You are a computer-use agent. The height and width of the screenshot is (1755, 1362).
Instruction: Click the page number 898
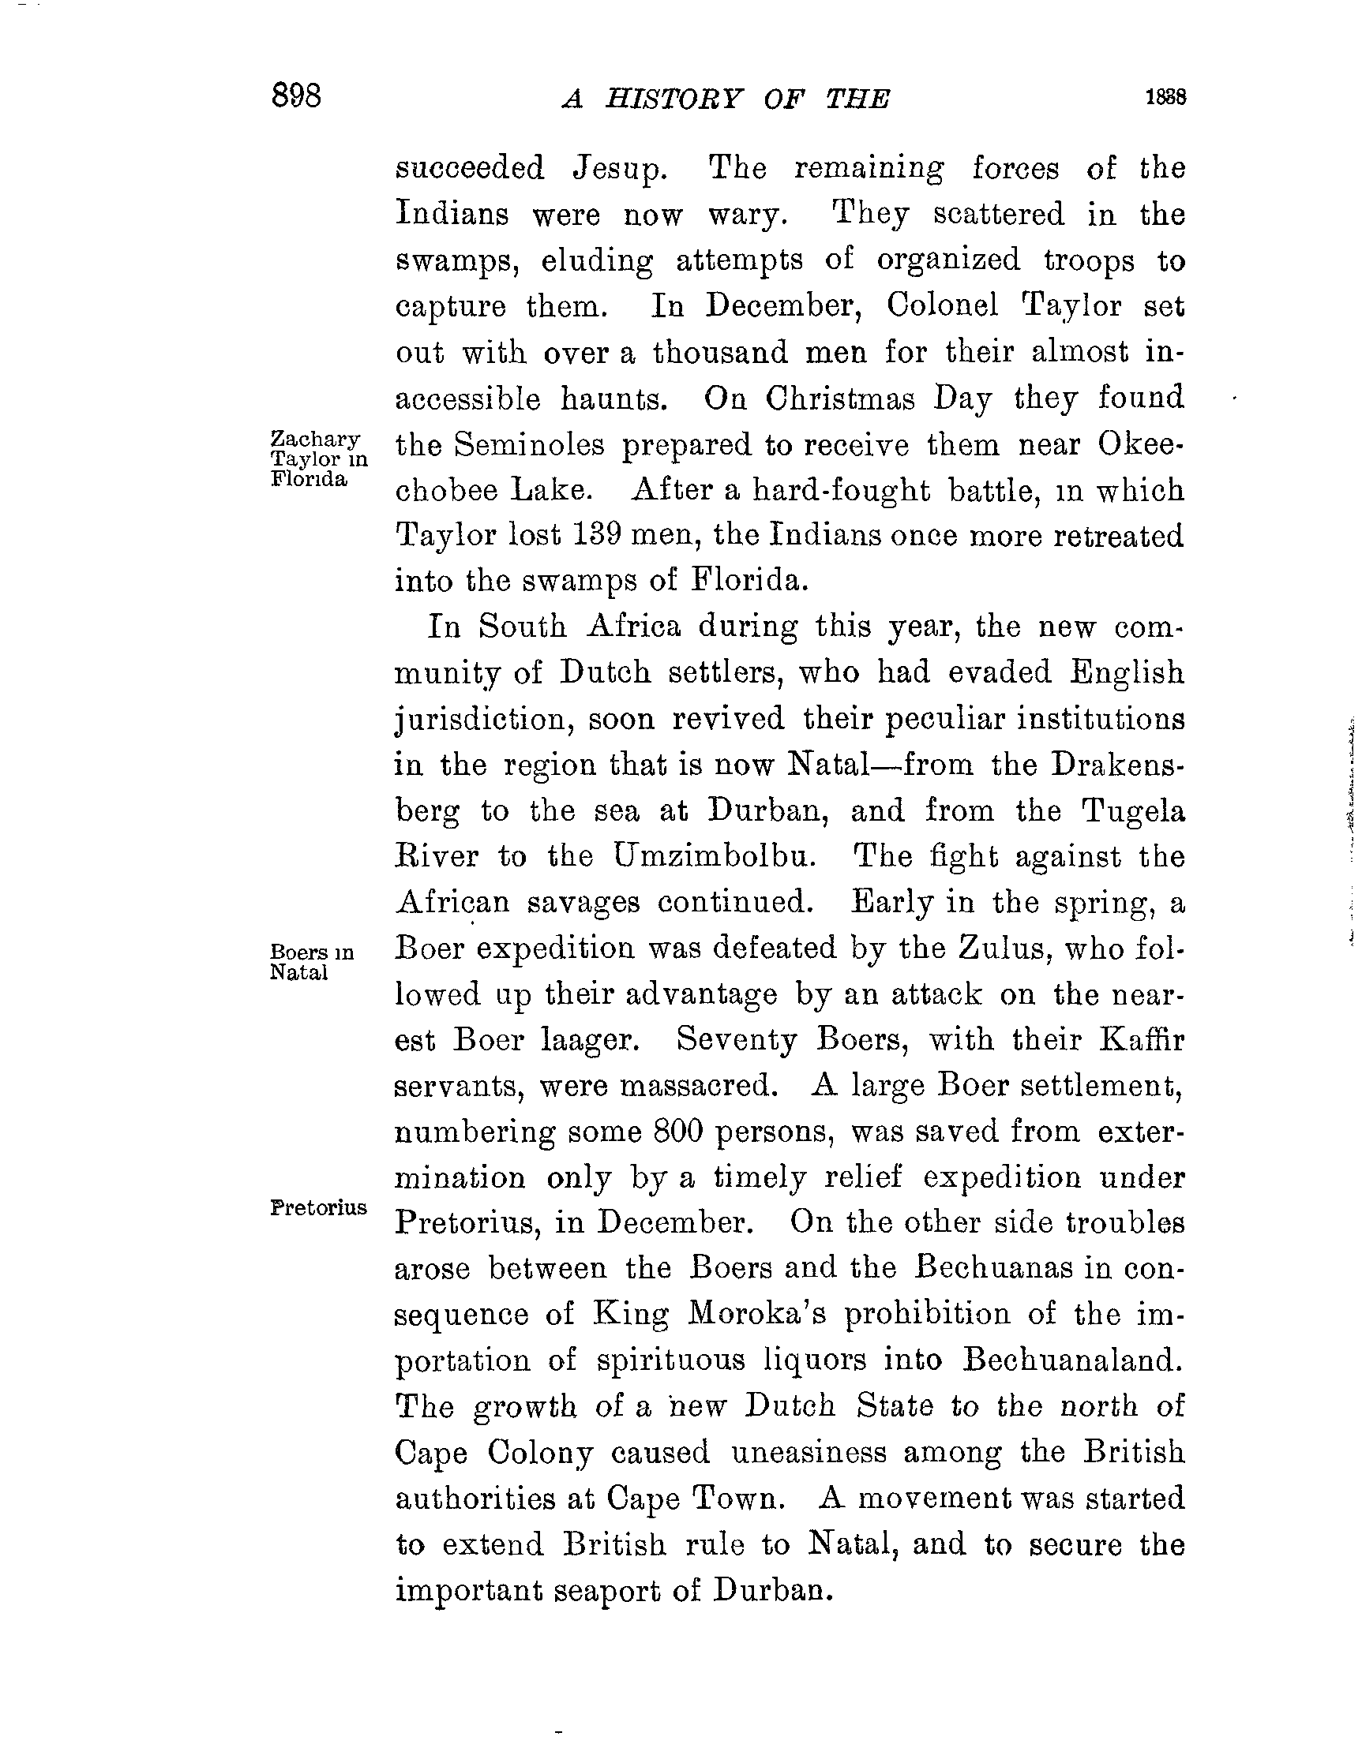click(297, 95)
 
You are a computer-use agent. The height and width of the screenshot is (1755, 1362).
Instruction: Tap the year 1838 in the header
click(1166, 97)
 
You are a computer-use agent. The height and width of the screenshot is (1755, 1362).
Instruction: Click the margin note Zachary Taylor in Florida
click(317, 458)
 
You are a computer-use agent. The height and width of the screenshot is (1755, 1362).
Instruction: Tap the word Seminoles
click(528, 444)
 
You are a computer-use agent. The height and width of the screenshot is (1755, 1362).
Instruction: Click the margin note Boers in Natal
click(311, 962)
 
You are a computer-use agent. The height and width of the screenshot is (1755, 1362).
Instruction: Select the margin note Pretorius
click(318, 1208)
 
